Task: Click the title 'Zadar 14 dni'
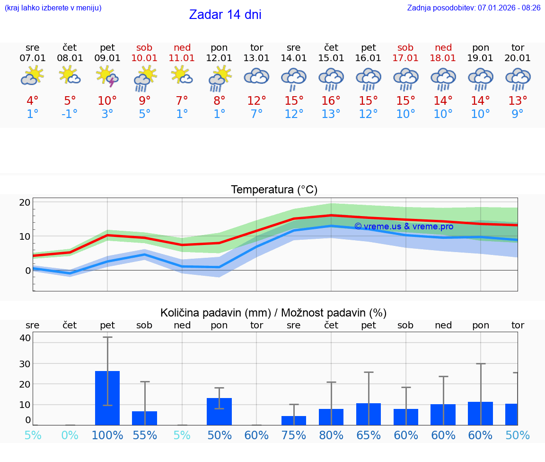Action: (225, 15)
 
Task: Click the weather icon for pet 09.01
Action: (107, 76)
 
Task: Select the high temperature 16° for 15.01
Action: (331, 100)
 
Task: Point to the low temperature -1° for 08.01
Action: (70, 114)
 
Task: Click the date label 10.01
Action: (145, 58)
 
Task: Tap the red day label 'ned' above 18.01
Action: (443, 47)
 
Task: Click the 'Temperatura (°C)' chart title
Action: (274, 190)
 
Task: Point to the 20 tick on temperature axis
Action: (25, 202)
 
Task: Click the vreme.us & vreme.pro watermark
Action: (404, 226)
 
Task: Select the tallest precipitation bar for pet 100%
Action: (107, 398)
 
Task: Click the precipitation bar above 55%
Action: (145, 418)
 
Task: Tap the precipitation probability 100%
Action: (107, 435)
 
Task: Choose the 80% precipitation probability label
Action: (331, 435)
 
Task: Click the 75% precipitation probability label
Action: (294, 435)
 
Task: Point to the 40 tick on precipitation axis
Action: (25, 338)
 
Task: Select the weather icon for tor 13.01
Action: (256, 76)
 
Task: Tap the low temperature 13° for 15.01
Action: (331, 114)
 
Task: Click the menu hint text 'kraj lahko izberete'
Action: (53, 8)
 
